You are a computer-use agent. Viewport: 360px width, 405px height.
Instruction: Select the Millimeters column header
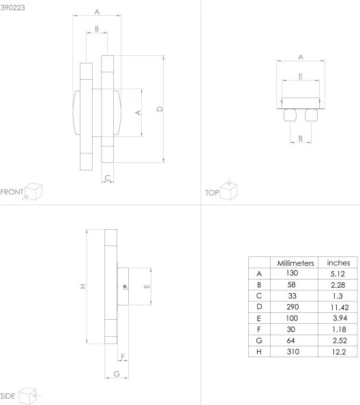[x=295, y=262]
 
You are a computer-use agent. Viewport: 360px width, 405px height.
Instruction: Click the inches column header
[x=338, y=262]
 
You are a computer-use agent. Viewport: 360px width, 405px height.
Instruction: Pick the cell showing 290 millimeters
[x=295, y=307]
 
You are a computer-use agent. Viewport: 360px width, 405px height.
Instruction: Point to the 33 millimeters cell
[x=295, y=297]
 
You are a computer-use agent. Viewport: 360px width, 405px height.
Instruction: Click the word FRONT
[x=12, y=191]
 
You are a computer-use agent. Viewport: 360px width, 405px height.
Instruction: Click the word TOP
[x=211, y=193]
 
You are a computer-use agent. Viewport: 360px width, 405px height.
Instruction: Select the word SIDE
[x=8, y=395]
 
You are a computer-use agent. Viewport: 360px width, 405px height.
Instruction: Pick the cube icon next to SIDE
[x=29, y=394]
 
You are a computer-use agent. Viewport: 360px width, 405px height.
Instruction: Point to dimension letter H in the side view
[x=82, y=286]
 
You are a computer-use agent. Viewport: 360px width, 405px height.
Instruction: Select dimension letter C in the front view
[x=108, y=177]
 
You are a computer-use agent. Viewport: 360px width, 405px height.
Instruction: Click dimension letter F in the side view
[x=122, y=357]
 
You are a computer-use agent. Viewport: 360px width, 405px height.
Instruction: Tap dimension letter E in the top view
[x=301, y=76]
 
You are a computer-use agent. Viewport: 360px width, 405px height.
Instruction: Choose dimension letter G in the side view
[x=116, y=373]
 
